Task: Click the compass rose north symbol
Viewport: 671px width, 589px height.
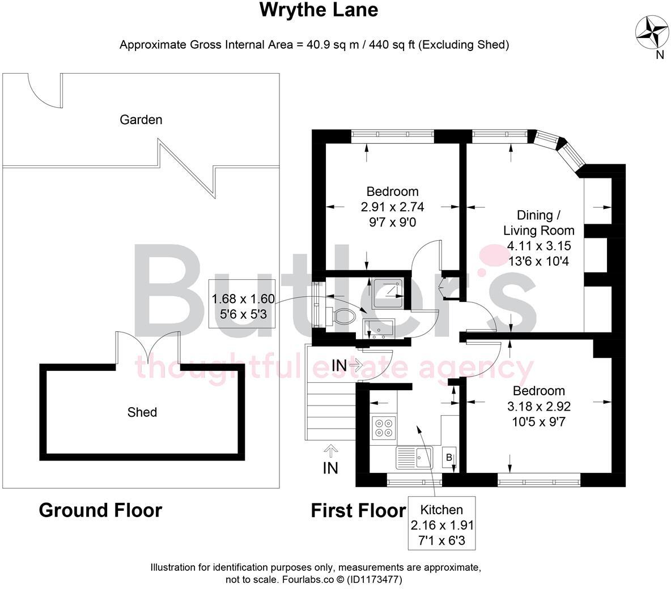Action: (651, 32)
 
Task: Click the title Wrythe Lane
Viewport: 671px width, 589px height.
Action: (318, 10)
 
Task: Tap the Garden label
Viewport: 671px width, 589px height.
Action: (141, 119)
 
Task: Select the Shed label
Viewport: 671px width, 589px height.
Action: (142, 412)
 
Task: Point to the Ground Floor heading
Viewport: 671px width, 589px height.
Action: (100, 510)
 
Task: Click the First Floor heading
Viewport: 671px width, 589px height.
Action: (358, 510)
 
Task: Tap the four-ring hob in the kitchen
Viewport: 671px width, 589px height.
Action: (384, 427)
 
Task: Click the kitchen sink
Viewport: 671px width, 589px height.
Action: (414, 456)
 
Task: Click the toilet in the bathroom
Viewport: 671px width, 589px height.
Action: (342, 315)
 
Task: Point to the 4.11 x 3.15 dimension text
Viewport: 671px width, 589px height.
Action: (539, 246)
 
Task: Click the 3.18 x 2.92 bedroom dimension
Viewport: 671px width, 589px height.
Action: (538, 406)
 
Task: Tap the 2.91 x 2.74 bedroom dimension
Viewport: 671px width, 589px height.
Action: (392, 207)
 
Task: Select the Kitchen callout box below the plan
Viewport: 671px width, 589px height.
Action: (442, 524)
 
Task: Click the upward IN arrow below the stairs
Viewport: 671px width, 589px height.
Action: (330, 451)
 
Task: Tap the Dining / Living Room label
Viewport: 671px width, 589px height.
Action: (538, 223)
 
